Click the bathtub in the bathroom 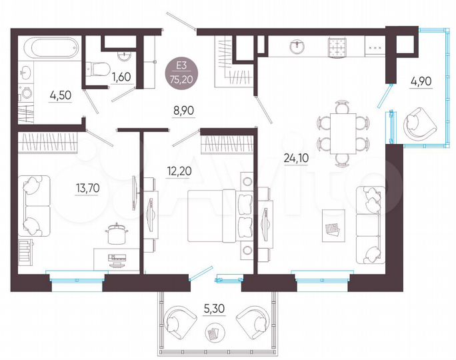(51, 48)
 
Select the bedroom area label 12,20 (177, 170)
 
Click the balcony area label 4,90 (421, 82)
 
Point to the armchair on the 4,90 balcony (418, 123)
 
